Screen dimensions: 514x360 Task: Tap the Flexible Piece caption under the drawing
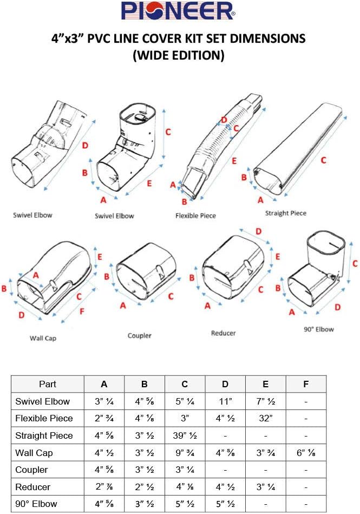(x=195, y=216)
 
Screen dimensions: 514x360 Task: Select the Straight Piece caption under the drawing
(x=285, y=213)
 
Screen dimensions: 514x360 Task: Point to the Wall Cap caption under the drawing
(x=43, y=338)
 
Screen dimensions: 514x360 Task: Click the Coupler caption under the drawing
(x=139, y=335)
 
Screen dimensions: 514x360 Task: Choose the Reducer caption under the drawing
(x=224, y=333)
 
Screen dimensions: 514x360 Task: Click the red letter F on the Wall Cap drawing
(x=82, y=311)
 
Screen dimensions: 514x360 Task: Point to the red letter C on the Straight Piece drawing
(x=323, y=160)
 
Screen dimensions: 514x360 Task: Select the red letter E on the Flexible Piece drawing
(x=233, y=161)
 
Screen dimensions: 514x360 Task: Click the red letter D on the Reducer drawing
(x=258, y=231)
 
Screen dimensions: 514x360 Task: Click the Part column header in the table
(x=48, y=384)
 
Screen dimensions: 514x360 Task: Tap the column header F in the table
(x=306, y=384)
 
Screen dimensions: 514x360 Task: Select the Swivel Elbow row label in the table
(x=48, y=401)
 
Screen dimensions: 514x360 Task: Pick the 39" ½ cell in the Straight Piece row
(x=185, y=435)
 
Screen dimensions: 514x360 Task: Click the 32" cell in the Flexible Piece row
(x=265, y=418)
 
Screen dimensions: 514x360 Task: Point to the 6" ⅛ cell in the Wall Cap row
(x=306, y=452)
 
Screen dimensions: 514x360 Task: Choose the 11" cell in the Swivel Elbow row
(x=225, y=401)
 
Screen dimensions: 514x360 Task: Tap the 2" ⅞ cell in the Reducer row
(x=104, y=487)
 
